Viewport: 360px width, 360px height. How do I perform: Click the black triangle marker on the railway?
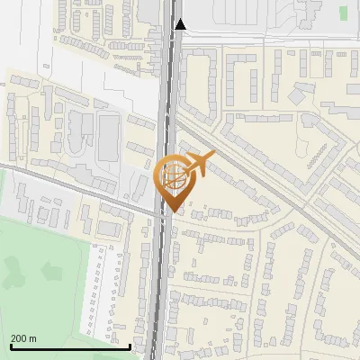pos(181,24)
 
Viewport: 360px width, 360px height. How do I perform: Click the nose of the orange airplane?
pos(212,157)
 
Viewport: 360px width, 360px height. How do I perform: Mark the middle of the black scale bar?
pos(70,346)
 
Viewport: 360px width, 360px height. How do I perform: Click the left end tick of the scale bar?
pos(11,345)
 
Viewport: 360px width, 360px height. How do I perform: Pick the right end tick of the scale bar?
pos(130,345)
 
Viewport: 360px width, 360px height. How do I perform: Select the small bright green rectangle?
pos(344,13)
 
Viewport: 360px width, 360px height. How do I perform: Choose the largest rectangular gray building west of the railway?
pos(109,136)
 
